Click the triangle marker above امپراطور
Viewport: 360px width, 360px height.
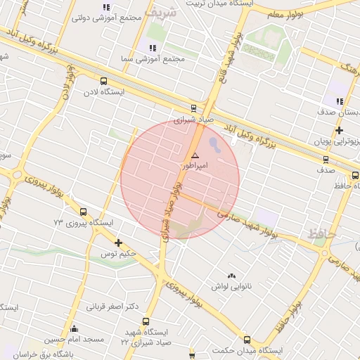coord(195,155)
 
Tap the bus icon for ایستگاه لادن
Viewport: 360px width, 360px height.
coord(104,81)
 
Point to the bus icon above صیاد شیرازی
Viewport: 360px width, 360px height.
coord(193,108)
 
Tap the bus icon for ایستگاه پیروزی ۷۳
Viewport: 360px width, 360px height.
coord(84,212)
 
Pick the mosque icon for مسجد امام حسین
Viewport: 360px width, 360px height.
coord(75,328)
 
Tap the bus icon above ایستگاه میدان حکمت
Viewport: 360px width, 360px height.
coord(247,340)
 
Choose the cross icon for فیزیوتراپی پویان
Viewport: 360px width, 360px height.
coord(340,130)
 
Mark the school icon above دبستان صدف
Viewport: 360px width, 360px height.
coord(340,101)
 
